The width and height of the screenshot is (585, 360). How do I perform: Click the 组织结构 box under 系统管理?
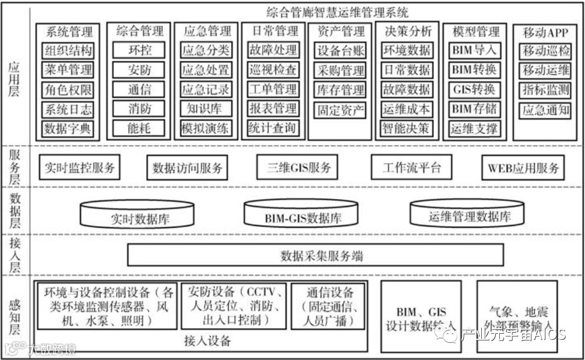click(68, 51)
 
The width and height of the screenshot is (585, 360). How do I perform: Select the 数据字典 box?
click(68, 129)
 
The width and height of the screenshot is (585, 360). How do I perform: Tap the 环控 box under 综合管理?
click(139, 50)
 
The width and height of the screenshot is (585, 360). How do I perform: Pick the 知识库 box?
click(205, 109)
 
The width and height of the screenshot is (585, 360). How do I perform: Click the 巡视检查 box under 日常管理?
click(273, 70)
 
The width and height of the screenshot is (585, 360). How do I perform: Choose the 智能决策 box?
click(406, 128)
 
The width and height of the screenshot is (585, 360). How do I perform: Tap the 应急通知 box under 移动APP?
click(546, 109)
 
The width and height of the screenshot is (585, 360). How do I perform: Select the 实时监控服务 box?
click(80, 167)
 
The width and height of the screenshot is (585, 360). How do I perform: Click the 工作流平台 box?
click(412, 167)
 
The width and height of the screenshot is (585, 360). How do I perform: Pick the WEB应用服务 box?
click(523, 167)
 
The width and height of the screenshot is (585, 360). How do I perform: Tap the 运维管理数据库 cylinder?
click(469, 213)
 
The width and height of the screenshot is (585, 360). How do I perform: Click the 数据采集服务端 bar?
click(322, 256)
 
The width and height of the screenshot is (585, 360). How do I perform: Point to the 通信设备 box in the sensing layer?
click(330, 306)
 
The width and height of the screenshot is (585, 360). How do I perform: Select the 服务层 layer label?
click(15, 165)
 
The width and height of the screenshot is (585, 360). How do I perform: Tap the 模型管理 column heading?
click(473, 31)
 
